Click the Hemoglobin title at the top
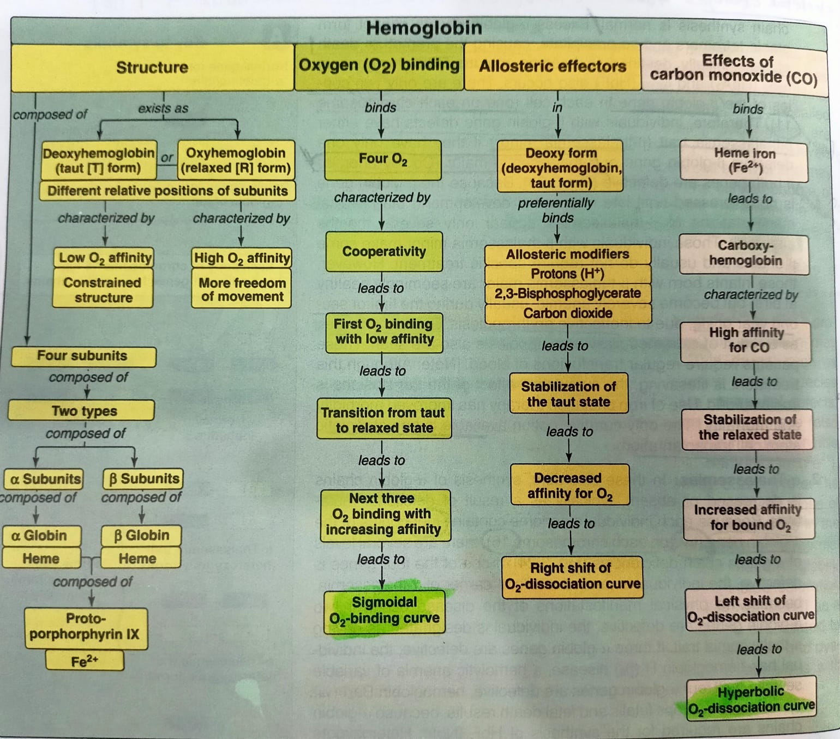[424, 28]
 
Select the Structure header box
[152, 67]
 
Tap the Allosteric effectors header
[552, 66]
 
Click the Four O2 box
[382, 159]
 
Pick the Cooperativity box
[383, 251]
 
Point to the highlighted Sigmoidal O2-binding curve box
[384, 610]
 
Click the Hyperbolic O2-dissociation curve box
[751, 699]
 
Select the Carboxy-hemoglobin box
[745, 253]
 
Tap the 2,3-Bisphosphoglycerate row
[567, 293]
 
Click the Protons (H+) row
[567, 274]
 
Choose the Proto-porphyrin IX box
[85, 627]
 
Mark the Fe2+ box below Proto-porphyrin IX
[85, 661]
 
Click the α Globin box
[39, 536]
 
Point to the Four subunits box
[82, 356]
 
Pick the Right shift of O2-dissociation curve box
[571, 576]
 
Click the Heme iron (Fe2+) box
[744, 160]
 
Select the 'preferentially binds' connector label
[556, 210]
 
